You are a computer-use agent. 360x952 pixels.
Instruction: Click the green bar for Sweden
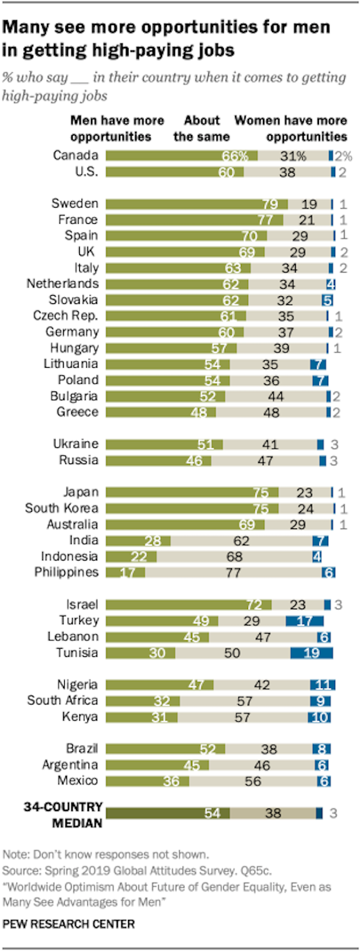point(197,203)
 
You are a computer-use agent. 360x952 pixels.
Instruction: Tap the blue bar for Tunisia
point(311,653)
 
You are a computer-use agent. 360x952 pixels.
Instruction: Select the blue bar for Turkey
point(304,621)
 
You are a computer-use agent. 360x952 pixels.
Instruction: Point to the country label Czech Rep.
point(65,316)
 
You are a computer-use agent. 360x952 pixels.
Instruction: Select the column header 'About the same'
point(201,129)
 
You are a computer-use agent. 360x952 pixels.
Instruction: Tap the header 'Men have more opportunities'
point(117,129)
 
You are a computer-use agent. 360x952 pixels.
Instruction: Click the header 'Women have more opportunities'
point(291,129)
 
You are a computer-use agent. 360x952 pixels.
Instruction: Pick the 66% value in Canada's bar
point(234,156)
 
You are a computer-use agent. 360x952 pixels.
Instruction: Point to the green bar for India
point(138,540)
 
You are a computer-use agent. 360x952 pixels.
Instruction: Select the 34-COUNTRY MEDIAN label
point(63,815)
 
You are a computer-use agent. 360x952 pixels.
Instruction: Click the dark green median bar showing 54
point(168,813)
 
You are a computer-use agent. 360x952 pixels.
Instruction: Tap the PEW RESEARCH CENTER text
point(68,924)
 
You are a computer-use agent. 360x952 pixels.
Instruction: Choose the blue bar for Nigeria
point(322,685)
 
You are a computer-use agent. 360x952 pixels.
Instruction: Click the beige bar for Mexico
point(252,781)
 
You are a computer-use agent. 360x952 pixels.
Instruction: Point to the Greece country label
point(77,412)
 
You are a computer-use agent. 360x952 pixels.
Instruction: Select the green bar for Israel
point(189,605)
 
